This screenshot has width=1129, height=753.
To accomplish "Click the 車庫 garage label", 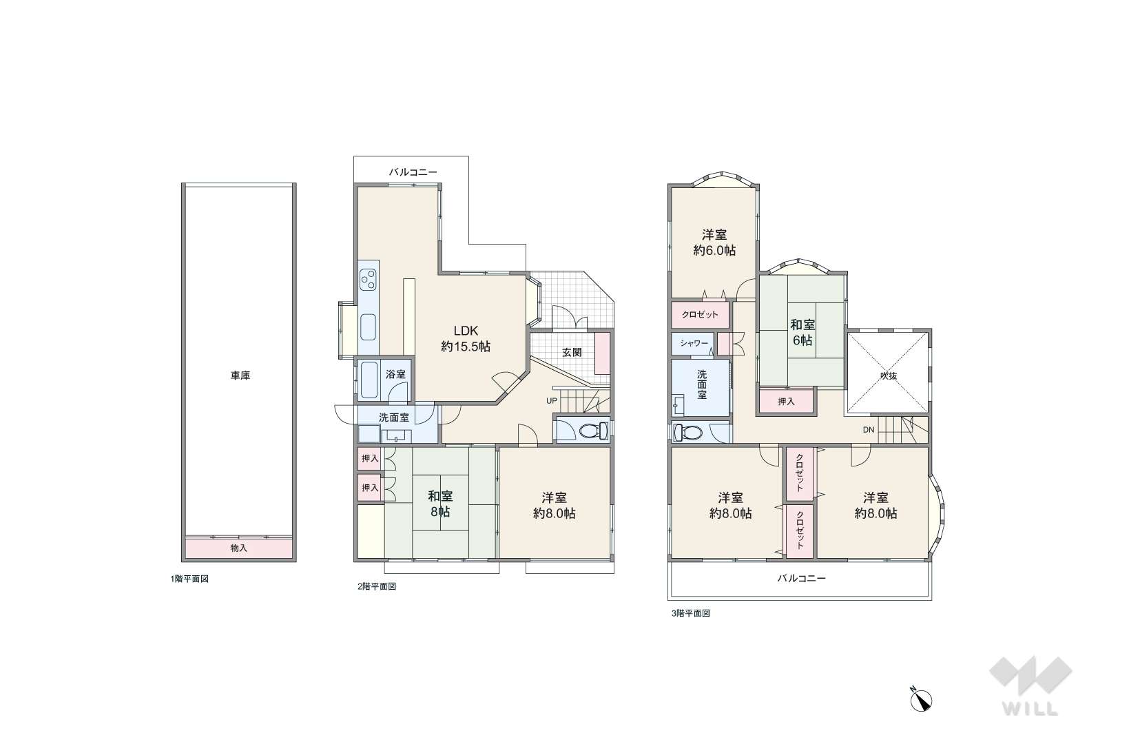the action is point(240,375).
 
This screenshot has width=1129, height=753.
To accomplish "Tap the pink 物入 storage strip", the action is point(238,548).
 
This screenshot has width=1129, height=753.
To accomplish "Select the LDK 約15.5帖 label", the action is point(465,339).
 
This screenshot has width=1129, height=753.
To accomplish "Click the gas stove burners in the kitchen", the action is point(368,279).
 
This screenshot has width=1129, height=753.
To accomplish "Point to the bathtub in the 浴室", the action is point(369,380).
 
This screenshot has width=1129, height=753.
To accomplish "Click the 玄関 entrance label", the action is point(572,352).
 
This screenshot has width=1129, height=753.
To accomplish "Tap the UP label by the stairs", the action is point(551,401).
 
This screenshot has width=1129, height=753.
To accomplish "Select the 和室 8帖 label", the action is point(440,504).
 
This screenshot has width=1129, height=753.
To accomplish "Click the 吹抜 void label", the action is point(889,376).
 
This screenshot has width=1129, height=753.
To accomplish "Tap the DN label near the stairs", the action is point(869,430).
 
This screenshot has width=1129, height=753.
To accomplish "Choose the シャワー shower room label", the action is point(694,343).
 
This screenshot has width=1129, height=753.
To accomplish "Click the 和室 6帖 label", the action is point(802,332).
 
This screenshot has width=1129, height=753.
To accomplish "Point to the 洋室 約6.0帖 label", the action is point(714,243).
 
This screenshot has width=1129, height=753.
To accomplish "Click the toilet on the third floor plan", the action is point(688,433).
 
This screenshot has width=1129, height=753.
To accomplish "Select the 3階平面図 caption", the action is point(690,613).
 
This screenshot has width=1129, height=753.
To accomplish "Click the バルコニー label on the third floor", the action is point(801,578).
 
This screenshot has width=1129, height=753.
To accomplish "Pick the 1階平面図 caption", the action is point(189,579).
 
